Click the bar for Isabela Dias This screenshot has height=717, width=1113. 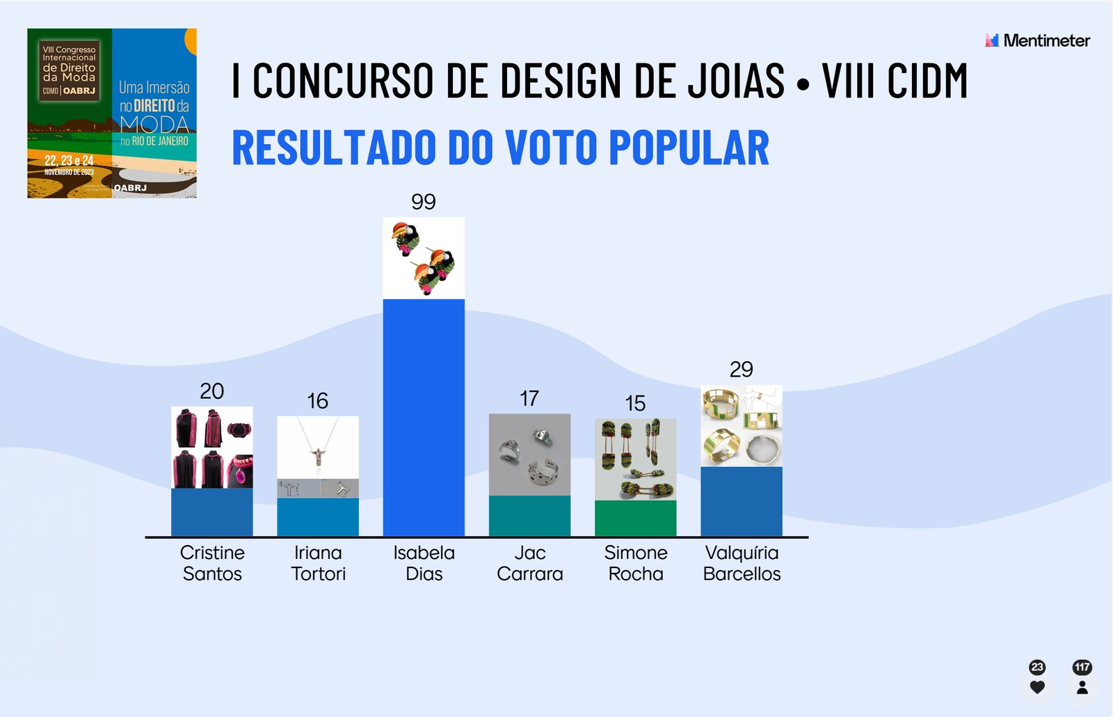tap(424, 418)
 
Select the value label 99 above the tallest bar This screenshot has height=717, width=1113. tap(424, 202)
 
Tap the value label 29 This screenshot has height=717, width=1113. tap(742, 369)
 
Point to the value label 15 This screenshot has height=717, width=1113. tap(635, 403)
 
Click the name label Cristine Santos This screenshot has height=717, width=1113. tap(212, 563)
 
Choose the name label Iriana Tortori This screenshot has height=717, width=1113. tap(318, 563)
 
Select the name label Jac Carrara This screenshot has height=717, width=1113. tap(529, 563)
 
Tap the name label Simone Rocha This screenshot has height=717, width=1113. tap(636, 563)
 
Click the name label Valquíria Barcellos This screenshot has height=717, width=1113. tap(742, 563)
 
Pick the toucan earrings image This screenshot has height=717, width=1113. tap(424, 258)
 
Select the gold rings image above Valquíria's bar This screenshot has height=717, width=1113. tap(742, 426)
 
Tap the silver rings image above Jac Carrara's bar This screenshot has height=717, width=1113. tap(529, 455)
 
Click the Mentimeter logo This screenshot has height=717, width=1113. tap(1037, 40)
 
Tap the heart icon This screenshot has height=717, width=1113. tap(1037, 688)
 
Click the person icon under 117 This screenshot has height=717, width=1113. tap(1082, 688)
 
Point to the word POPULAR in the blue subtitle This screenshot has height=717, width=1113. tap(689, 148)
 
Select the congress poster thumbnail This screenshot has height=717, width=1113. tap(112, 113)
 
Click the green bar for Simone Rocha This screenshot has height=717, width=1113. tap(635, 518)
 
